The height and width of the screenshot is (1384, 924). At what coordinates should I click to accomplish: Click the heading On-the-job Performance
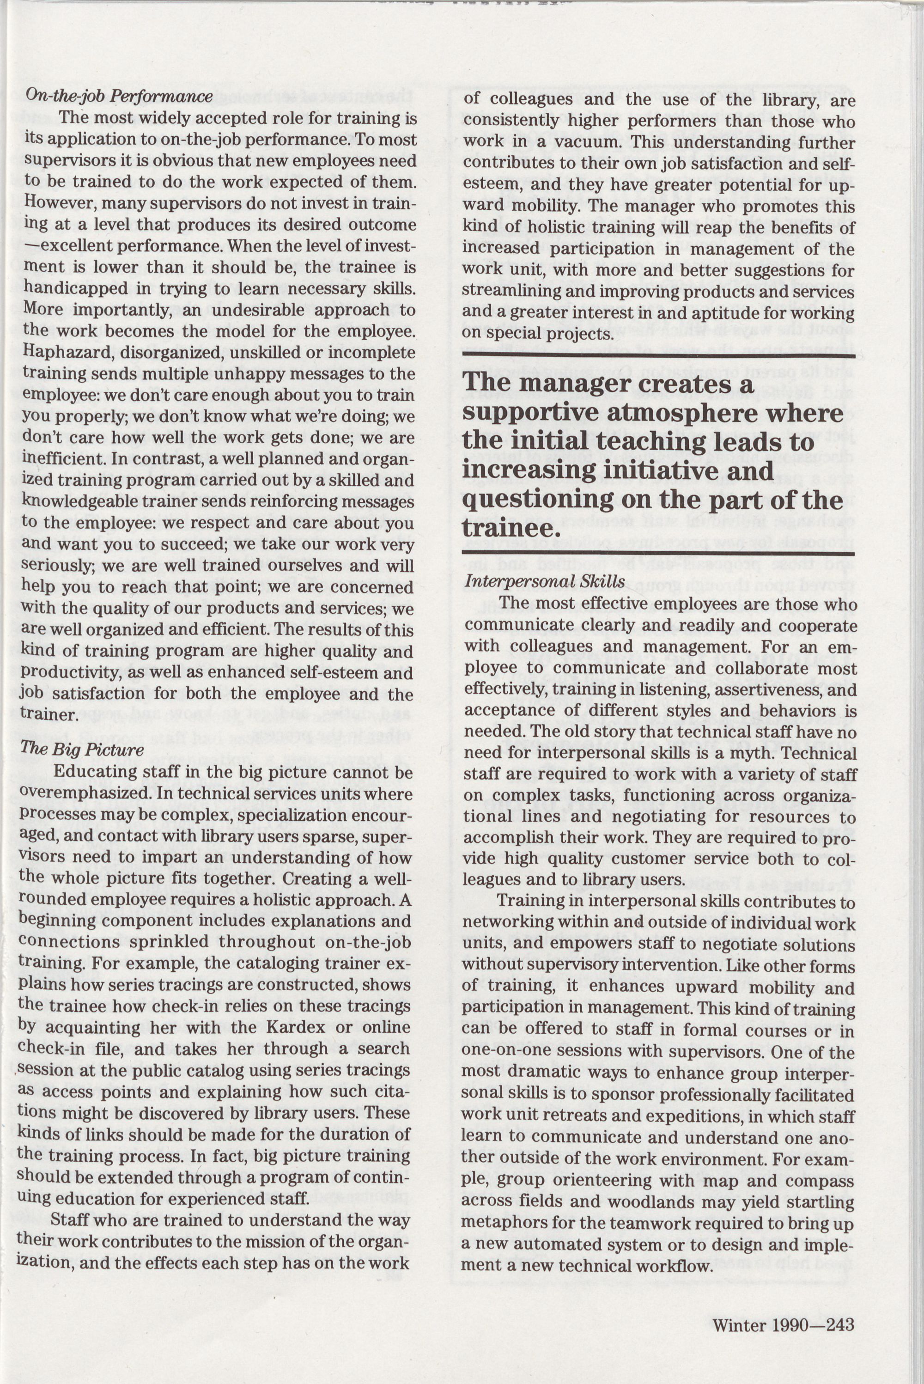(118, 96)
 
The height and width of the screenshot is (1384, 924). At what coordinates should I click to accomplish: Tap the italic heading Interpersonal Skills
(545, 582)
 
